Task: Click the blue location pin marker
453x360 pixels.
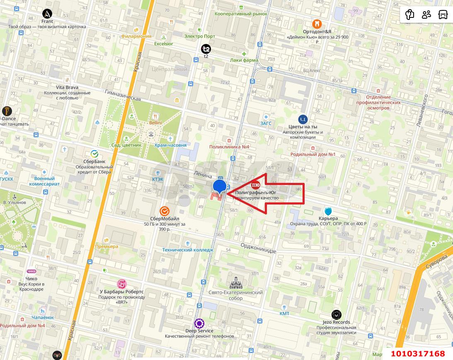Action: (219, 187)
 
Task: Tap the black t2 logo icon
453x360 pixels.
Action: (206, 49)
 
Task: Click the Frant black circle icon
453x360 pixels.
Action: (47, 13)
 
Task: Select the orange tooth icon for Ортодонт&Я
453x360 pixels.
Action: (317, 24)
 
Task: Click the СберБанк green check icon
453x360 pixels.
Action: (94, 153)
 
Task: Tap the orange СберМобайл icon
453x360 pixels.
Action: (165, 211)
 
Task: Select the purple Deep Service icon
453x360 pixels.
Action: (199, 323)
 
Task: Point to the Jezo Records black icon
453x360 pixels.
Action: (336, 314)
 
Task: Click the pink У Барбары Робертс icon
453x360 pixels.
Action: (121, 284)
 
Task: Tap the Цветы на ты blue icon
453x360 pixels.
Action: (303, 119)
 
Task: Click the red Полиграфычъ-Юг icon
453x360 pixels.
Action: (256, 185)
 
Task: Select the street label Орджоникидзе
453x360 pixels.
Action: (258, 248)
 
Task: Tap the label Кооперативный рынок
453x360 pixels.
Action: (241, 14)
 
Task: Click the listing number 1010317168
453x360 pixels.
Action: (418, 353)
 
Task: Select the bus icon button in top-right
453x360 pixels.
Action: (443, 15)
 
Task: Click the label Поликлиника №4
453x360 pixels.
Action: (229, 147)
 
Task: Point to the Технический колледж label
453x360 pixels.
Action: (187, 250)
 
